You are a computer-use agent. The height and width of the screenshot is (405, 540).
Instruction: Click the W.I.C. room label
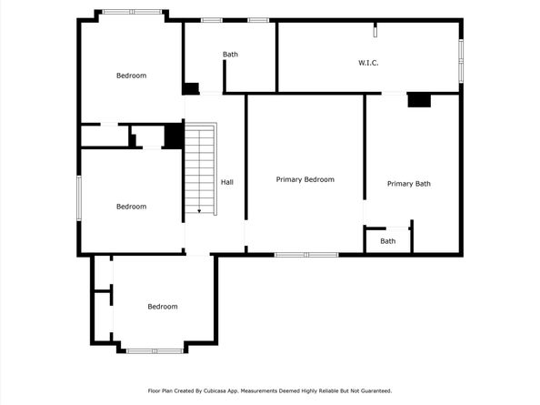367,63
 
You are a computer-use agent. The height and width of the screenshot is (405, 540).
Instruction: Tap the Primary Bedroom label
305,179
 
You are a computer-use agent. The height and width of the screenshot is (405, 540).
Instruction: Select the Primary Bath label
408,184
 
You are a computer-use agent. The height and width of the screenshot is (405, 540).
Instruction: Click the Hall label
226,182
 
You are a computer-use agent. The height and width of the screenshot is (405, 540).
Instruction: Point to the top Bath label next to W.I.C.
231,55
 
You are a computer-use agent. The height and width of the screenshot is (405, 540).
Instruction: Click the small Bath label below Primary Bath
388,241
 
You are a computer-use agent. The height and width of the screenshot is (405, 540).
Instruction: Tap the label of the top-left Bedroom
131,76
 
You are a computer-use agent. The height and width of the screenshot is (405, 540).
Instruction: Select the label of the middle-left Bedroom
131,207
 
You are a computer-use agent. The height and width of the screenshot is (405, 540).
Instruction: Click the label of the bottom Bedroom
163,307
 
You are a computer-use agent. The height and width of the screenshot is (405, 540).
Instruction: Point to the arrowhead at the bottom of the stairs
200,211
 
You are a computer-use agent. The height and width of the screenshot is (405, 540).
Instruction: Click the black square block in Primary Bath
418,100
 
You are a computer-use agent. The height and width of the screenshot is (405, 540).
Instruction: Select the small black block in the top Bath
190,88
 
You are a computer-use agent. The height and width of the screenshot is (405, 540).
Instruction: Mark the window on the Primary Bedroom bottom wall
306,254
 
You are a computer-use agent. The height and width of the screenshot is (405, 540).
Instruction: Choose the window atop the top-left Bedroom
131,12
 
